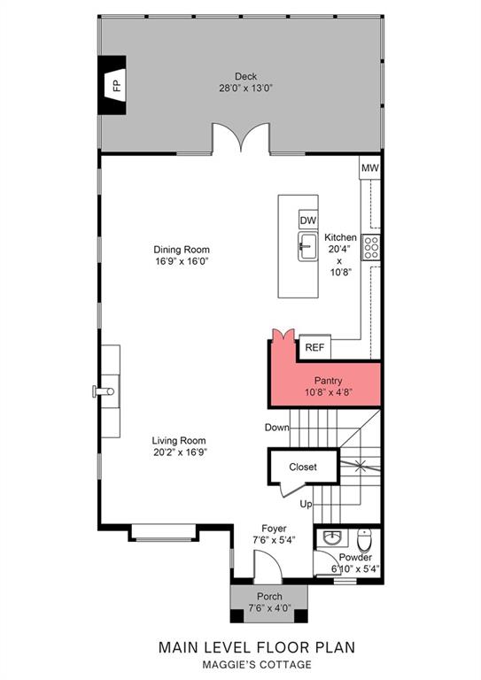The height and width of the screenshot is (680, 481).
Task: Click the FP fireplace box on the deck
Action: (x=114, y=85)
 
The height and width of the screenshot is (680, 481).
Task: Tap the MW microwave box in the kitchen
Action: (x=370, y=167)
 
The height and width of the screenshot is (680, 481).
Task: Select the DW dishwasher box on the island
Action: (x=307, y=220)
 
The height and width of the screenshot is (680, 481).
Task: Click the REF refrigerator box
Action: (x=314, y=347)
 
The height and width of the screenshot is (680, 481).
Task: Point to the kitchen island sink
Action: (x=307, y=246)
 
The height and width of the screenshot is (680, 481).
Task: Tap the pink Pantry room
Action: (x=324, y=384)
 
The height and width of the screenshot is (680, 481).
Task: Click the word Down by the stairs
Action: (x=277, y=428)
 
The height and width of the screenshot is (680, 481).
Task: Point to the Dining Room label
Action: (x=182, y=256)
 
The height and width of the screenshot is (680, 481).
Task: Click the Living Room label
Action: (x=179, y=446)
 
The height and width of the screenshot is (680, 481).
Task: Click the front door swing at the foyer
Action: (x=265, y=563)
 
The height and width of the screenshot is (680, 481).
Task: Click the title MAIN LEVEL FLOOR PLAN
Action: (x=257, y=648)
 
